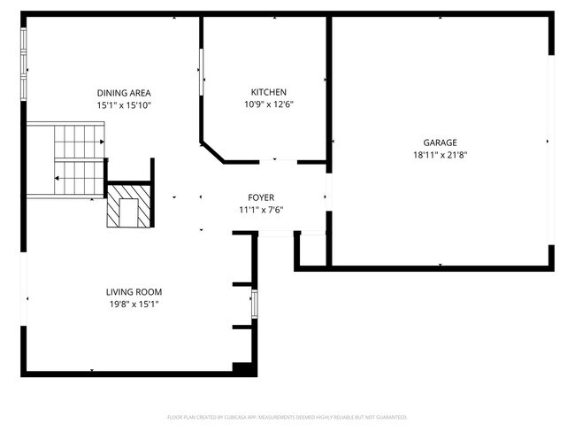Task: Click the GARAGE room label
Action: click(x=440, y=142)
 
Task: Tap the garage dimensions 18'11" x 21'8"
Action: click(x=440, y=155)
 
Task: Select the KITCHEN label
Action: click(x=268, y=92)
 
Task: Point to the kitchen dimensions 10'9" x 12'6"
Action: click(x=268, y=104)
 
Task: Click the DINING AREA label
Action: click(x=124, y=93)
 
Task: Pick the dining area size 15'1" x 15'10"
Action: click(x=124, y=105)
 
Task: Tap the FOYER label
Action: click(x=261, y=197)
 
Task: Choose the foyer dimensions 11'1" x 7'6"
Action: click(x=261, y=210)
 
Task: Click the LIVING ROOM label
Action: click(x=134, y=292)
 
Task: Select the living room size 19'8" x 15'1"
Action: click(x=134, y=305)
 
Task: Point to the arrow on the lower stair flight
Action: click(x=58, y=179)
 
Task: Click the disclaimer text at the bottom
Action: click(x=287, y=416)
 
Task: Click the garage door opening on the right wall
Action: click(x=551, y=142)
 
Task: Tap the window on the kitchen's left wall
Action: click(x=202, y=68)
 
